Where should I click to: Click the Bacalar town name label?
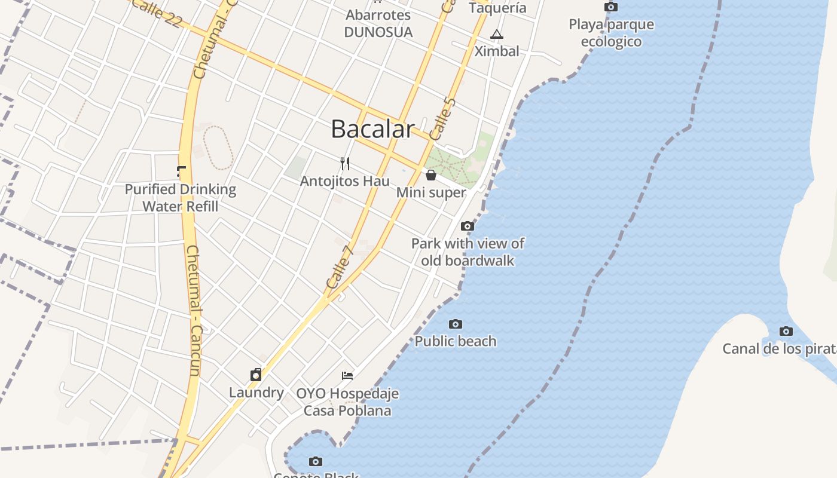372,129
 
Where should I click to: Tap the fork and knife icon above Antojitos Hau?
345,163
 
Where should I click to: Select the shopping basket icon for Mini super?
430,175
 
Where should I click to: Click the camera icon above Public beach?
456,324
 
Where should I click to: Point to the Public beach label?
456,341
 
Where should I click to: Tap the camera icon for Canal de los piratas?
786,331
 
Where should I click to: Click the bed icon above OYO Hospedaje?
347,375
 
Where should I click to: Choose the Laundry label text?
256,393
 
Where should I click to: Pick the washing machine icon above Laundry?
256,375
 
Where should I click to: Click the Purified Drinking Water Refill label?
180,198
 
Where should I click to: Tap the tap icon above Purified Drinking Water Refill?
181,172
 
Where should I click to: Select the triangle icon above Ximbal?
496,35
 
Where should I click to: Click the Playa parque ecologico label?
611,33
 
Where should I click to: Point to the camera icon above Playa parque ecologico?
611,7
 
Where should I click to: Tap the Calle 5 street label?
443,118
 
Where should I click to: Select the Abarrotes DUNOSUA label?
378,23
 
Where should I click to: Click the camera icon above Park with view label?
468,226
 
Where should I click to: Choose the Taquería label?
497,8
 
